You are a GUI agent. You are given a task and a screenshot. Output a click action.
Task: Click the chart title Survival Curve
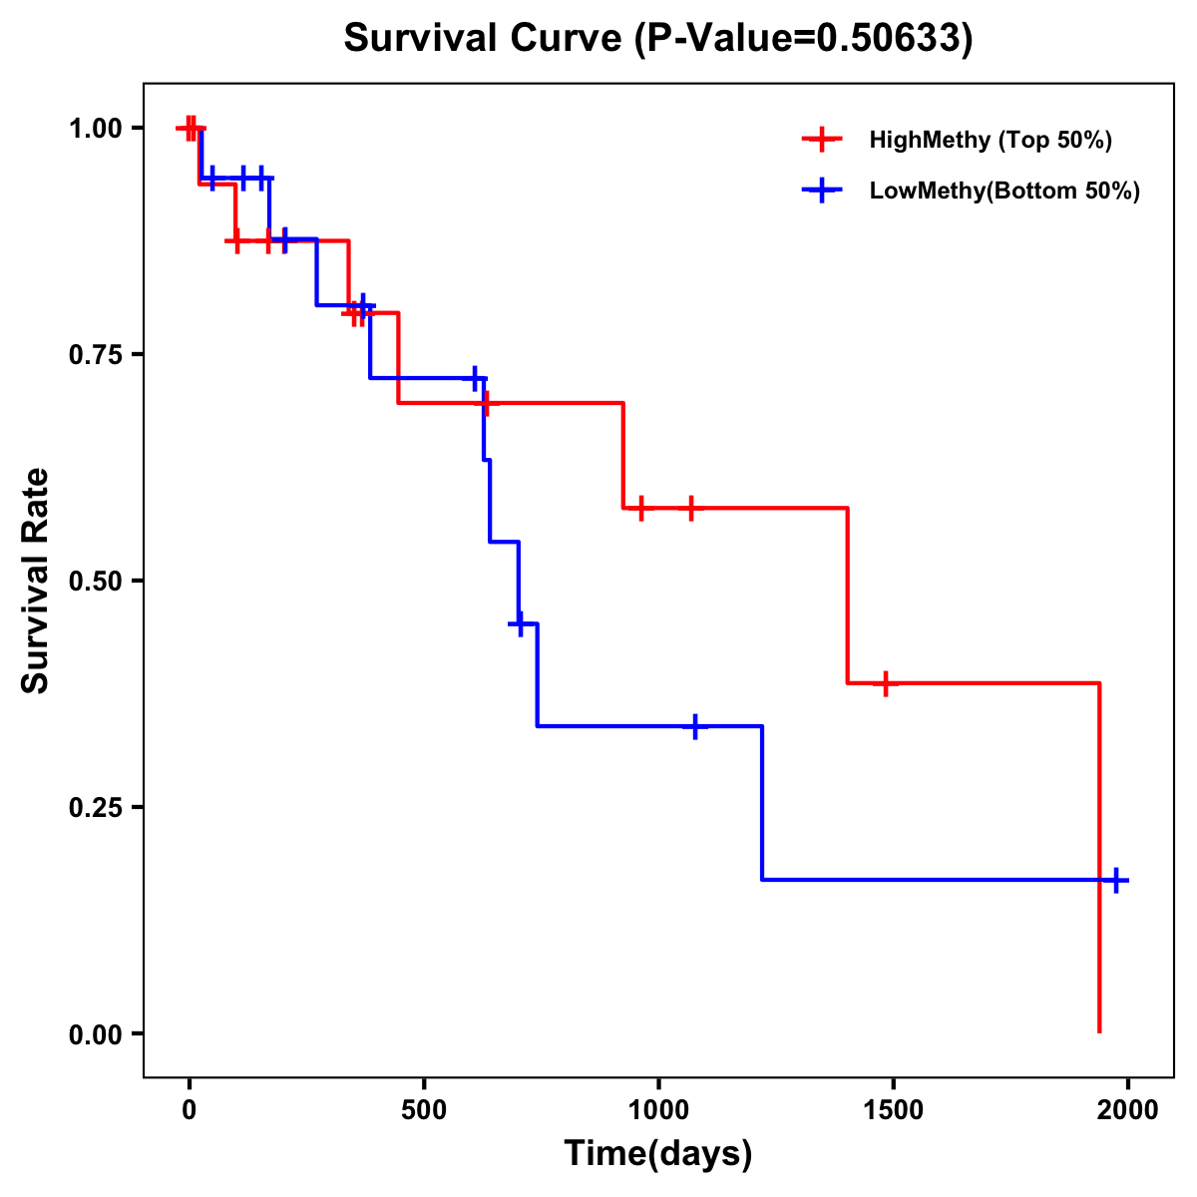[658, 38]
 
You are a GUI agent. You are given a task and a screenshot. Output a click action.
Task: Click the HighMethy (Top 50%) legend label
[990, 140]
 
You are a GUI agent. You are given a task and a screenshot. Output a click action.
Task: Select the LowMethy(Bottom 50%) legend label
[1004, 191]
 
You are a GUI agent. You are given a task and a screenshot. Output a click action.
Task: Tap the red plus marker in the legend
[821, 140]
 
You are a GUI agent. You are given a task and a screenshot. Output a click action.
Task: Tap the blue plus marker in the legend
[821, 191]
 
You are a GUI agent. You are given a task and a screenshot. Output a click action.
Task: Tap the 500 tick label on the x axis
[424, 1109]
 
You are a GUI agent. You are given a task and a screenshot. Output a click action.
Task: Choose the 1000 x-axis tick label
[658, 1109]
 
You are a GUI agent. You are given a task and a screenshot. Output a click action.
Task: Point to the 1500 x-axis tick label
[893, 1109]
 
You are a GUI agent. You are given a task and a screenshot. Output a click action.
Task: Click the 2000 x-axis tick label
[1127, 1109]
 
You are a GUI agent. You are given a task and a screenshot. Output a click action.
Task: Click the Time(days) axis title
[658, 1153]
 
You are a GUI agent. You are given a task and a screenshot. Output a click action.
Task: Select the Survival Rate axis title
[36, 581]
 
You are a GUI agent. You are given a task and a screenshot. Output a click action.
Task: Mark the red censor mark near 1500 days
[884, 683]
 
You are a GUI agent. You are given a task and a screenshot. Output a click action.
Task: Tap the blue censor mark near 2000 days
[1116, 880]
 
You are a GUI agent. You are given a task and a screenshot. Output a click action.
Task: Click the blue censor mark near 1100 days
[694, 726]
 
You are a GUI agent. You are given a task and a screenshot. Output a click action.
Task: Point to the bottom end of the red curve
[1099, 1030]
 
